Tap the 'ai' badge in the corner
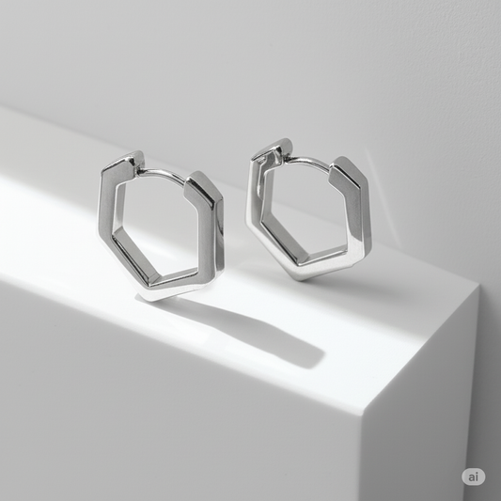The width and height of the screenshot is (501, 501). (473, 478)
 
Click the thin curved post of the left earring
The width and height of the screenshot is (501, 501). (163, 173)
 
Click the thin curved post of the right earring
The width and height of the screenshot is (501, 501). (308, 161)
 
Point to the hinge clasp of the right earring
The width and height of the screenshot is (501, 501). (272, 151)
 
